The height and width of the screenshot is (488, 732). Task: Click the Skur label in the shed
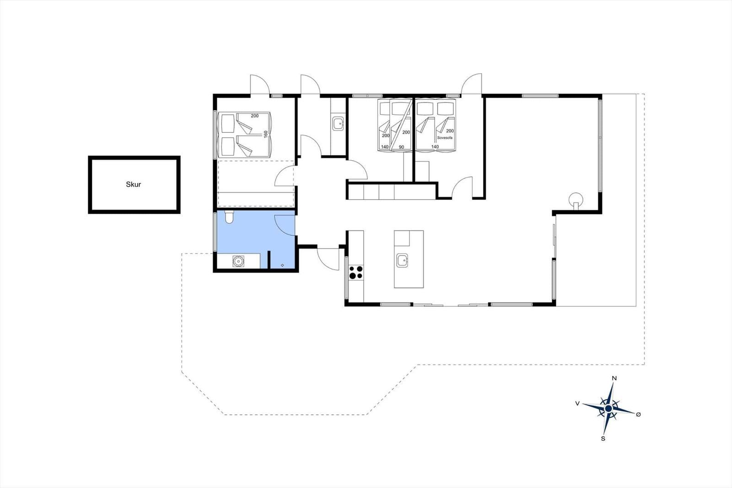click(133, 184)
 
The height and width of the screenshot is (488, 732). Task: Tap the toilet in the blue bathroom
click(229, 217)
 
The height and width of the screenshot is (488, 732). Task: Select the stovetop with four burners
click(356, 272)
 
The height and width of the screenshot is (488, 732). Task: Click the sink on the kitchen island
click(403, 260)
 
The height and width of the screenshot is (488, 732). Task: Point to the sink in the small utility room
click(338, 124)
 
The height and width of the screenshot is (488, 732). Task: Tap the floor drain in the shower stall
click(282, 265)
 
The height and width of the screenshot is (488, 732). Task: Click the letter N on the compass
click(614, 379)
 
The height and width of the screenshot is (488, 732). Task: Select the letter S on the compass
click(603, 439)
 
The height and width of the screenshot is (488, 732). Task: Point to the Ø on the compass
click(639, 414)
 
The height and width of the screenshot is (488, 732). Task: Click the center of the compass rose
click(608, 408)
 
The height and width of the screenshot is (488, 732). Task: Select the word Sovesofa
click(445, 138)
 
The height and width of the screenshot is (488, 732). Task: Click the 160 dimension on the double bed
click(266, 134)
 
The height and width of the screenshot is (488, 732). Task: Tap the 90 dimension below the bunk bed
click(402, 147)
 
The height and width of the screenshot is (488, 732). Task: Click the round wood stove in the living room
click(576, 199)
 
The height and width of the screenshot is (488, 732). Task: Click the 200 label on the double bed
click(254, 116)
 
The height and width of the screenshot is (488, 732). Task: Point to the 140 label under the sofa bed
click(435, 147)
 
